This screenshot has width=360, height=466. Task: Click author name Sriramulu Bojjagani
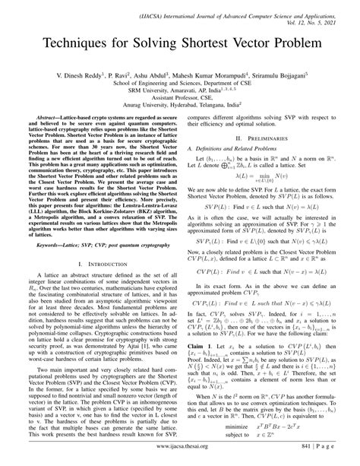(289, 76)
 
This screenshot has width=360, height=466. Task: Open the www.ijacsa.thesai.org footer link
(180, 453)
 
